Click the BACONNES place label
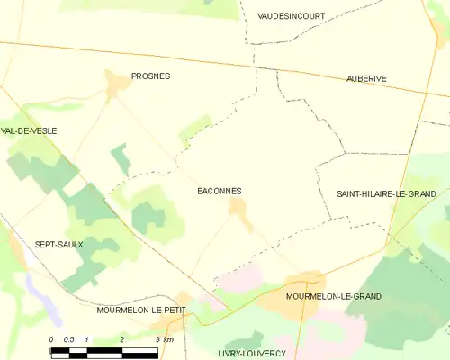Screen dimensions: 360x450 tap(219, 191)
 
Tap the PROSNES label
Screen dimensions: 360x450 tap(150, 76)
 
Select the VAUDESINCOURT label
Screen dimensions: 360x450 tap(291, 16)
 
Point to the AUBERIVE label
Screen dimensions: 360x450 tap(366, 79)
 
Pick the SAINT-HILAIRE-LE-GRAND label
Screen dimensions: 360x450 tap(386, 193)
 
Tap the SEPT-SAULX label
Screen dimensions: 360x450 tap(58, 244)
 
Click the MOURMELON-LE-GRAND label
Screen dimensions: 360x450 tap(333, 296)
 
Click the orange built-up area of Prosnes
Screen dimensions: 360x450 tap(117, 85)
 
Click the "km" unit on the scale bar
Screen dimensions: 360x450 tap(168, 338)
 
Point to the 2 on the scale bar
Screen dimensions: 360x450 tap(121, 338)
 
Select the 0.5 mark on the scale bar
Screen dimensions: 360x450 tap(68, 338)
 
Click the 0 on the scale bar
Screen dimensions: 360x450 tap(52, 338)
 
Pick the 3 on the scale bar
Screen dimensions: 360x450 tap(157, 338)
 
